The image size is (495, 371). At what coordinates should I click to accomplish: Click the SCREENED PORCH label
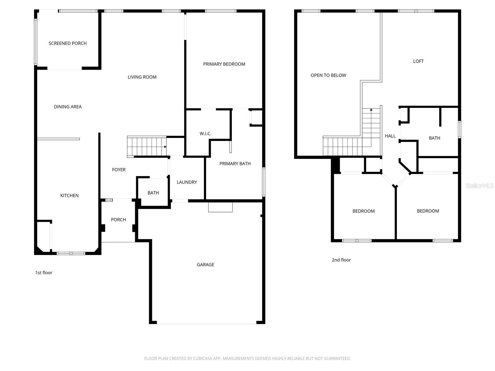coord(67,43)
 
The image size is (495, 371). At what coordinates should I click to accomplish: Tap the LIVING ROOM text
coord(142,77)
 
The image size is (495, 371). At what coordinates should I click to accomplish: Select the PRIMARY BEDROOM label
coord(224,64)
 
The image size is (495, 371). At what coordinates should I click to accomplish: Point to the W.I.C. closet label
coord(205,134)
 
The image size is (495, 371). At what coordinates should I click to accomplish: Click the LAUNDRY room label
coord(187,182)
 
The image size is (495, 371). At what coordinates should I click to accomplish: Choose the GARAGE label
coord(205,265)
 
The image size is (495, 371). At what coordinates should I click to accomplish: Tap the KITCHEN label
coord(69,195)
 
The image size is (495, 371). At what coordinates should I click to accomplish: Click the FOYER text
coord(119,170)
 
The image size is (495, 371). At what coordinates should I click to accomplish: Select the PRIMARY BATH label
coord(235,164)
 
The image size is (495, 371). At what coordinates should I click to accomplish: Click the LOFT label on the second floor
coord(418,61)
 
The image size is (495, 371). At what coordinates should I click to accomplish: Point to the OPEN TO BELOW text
coord(328,75)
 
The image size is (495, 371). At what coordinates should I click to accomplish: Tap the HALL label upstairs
coord(390,136)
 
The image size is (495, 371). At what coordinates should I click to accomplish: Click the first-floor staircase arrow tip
coord(166,147)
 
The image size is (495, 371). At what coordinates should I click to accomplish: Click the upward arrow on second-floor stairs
coord(371,110)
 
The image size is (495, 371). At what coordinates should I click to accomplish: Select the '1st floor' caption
coord(44,273)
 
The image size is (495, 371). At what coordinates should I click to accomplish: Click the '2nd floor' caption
coord(341,260)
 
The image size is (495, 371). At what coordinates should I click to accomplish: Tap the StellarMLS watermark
coord(479,185)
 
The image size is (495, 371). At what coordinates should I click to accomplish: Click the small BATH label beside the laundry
coord(153,193)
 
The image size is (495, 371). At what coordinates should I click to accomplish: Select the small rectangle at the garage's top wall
coord(220,207)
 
